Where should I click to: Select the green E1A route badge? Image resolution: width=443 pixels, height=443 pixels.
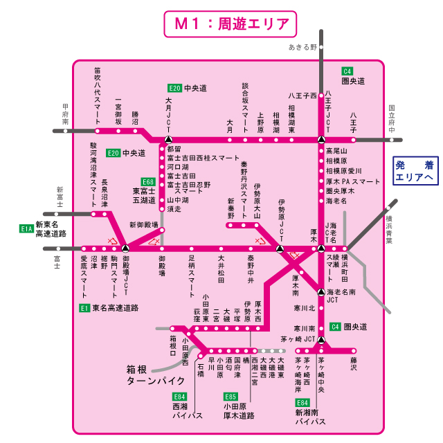[x=26, y=228]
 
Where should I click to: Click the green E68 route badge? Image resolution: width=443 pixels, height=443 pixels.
[x=147, y=181]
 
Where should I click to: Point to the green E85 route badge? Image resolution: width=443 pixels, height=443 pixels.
[x=230, y=397]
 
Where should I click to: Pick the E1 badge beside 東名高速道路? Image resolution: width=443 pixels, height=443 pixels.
[x=84, y=307]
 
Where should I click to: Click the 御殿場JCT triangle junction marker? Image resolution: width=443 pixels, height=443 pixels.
[x=125, y=248]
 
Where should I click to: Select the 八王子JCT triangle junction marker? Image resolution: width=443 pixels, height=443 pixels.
[x=321, y=138]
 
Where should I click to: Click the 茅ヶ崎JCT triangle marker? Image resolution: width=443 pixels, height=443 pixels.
[x=321, y=340]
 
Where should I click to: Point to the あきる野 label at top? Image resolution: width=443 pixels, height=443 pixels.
[x=303, y=48]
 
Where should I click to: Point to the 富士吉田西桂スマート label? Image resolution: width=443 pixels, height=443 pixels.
[x=204, y=159]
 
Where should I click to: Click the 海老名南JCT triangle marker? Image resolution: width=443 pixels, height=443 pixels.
[x=321, y=291]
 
